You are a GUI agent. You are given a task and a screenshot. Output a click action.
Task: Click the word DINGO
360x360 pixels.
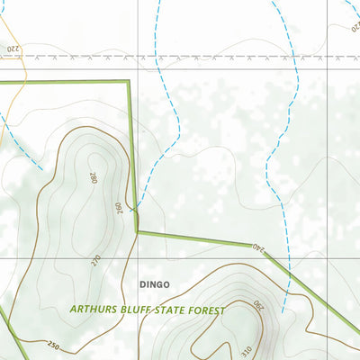coord(154,284)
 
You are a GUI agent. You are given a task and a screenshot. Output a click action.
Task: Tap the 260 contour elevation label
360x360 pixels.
coord(117,207)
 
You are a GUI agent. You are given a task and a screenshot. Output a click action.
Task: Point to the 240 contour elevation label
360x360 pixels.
coord(259,246)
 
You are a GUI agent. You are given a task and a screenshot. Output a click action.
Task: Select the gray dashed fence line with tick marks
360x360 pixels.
coord(180,57)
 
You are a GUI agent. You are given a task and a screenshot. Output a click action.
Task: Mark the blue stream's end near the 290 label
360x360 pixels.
coord(283,311)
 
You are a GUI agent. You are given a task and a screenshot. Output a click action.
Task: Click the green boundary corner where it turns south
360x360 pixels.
coord(129,82)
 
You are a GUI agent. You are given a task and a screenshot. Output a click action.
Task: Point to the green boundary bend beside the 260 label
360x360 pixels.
coord(137,230)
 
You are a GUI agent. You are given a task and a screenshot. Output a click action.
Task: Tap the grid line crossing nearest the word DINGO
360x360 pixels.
coord(137,259)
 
